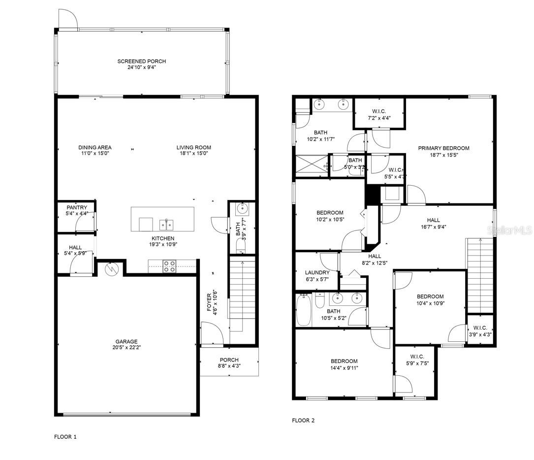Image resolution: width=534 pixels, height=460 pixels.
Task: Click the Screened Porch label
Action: (x=141, y=62)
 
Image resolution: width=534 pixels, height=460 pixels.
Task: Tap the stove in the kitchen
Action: (x=169, y=266)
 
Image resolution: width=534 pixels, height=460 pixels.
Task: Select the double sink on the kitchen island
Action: (x=166, y=225)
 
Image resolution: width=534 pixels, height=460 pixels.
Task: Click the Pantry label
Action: (x=76, y=208)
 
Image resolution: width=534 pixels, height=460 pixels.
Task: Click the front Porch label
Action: (x=229, y=360)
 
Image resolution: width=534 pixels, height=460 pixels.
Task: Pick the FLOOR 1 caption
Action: (x=65, y=436)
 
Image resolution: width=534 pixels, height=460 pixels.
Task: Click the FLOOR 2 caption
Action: (x=303, y=421)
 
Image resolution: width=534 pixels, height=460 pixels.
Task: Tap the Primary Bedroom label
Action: (x=443, y=148)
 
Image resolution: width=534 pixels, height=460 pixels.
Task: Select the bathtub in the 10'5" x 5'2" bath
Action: (x=304, y=310)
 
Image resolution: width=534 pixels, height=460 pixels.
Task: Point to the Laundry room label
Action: (x=317, y=272)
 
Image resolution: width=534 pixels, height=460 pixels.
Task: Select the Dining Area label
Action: (x=94, y=147)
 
